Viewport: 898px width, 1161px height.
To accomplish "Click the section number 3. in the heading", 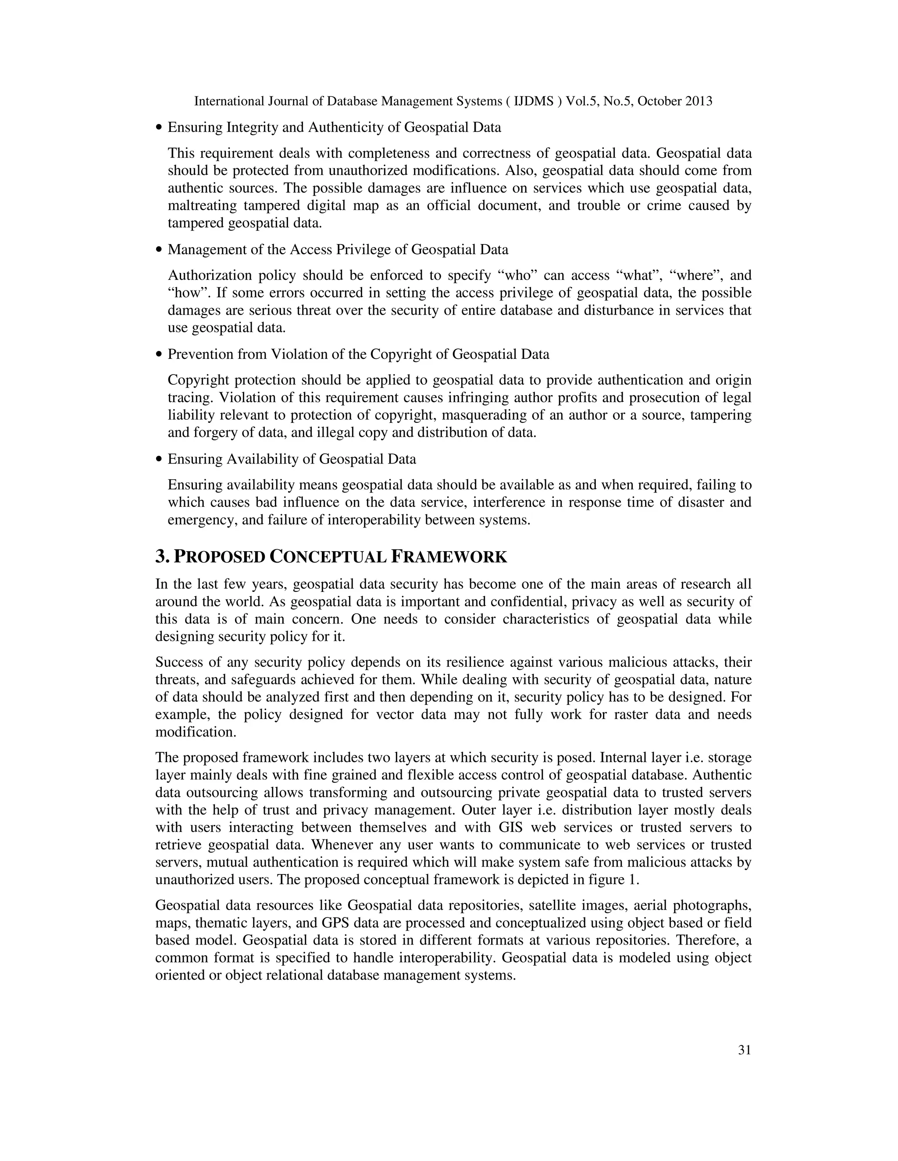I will [162, 557].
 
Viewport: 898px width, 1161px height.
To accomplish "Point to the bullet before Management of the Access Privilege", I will [159, 250].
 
